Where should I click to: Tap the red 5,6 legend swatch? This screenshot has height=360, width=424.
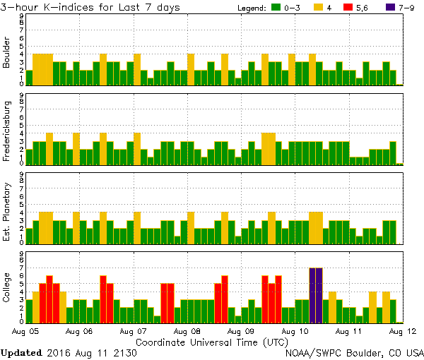pyautogui.click(x=349, y=8)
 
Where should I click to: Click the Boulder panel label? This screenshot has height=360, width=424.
pyautogui.click(x=6, y=54)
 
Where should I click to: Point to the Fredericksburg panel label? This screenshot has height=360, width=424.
pyautogui.click(x=6, y=132)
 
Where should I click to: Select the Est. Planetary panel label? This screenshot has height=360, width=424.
pyautogui.click(x=6, y=211)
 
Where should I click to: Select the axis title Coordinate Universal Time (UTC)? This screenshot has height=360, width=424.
pyautogui.click(x=212, y=342)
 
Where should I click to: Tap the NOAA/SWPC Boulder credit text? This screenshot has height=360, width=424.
pyautogui.click(x=354, y=352)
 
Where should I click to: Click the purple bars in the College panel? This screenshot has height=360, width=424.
pyautogui.click(x=316, y=294)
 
